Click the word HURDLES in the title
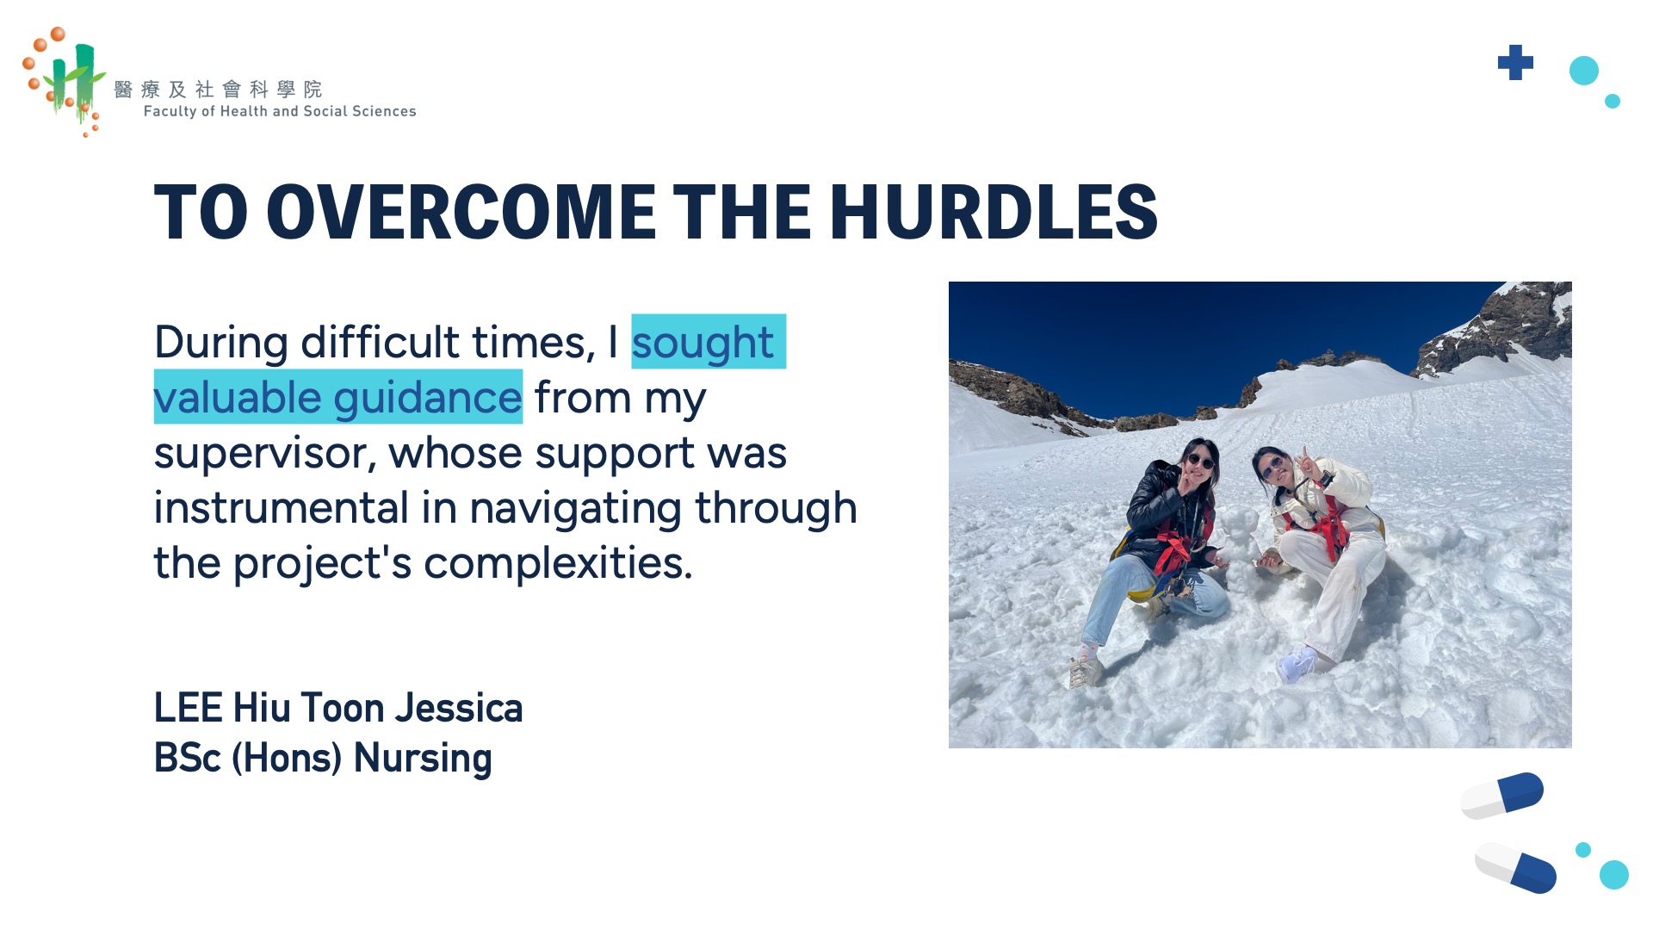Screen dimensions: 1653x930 point(994,212)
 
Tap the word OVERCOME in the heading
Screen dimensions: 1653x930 point(461,212)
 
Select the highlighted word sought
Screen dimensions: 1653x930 point(703,343)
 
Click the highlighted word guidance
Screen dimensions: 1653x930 point(428,397)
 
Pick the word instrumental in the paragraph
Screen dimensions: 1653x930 point(281,508)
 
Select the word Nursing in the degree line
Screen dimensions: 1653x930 point(423,759)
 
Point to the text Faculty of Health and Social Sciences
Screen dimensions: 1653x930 point(280,111)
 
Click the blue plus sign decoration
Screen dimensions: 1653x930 point(1515,63)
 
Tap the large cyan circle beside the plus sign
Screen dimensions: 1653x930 point(1584,71)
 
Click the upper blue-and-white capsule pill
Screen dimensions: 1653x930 point(1502,795)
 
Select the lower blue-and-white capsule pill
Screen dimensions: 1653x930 point(1515,867)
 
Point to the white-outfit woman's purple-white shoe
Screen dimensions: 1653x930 point(1297,664)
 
